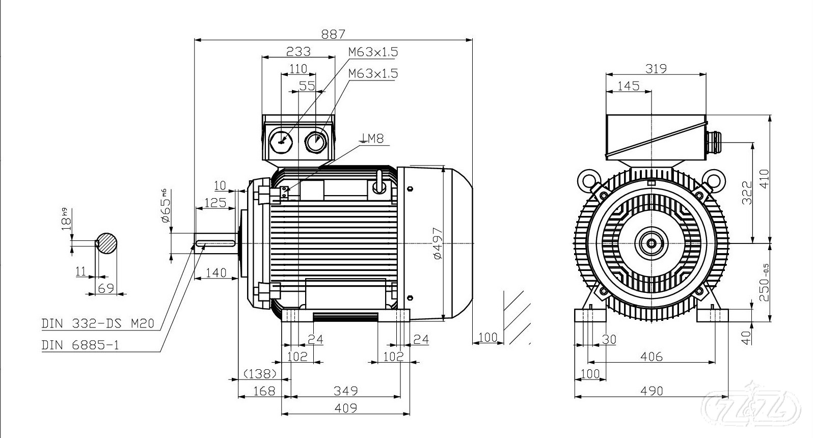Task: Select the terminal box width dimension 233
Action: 297,51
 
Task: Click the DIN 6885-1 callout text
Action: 80,345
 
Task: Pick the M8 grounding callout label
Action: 372,138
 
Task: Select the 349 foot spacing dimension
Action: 345,391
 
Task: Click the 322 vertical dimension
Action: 746,193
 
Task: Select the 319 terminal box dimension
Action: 656,68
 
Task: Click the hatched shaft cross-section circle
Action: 107,243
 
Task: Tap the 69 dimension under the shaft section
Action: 105,288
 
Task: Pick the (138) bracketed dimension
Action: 260,374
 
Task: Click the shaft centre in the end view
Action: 652,243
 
